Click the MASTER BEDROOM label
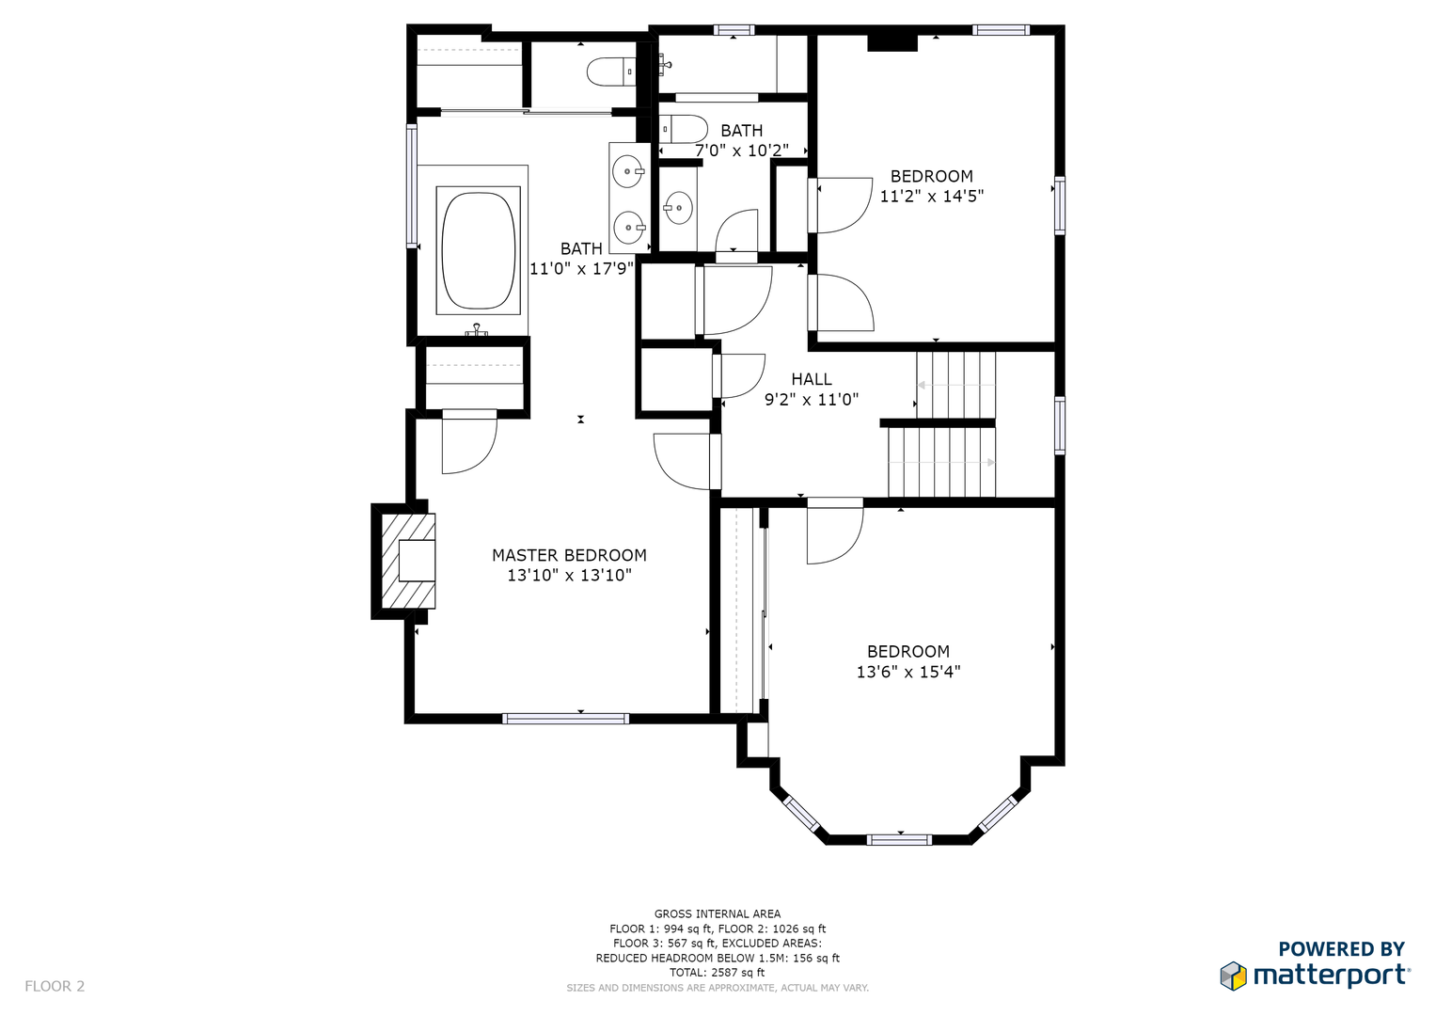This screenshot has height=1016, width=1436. (569, 555)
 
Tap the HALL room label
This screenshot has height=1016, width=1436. (811, 379)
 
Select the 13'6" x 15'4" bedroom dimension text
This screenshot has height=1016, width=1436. (908, 672)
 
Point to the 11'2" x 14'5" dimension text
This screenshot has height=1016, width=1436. (932, 197)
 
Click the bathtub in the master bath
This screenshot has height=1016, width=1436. (479, 250)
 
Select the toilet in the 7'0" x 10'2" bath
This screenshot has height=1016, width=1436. (683, 129)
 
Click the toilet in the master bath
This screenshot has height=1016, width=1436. (611, 71)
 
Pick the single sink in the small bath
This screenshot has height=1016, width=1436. (678, 208)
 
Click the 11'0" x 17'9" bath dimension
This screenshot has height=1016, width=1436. (581, 268)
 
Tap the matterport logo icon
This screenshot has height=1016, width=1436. (1233, 976)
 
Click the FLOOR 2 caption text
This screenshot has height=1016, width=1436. (55, 986)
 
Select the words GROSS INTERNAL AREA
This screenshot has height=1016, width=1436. (718, 913)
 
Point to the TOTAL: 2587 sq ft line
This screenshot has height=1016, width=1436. (718, 973)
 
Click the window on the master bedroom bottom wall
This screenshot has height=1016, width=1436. (565, 719)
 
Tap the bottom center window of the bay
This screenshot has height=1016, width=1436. (899, 839)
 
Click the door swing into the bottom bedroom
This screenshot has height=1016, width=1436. (835, 532)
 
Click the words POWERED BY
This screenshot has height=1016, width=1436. (1341, 948)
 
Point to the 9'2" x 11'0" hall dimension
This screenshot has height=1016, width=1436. (811, 400)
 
